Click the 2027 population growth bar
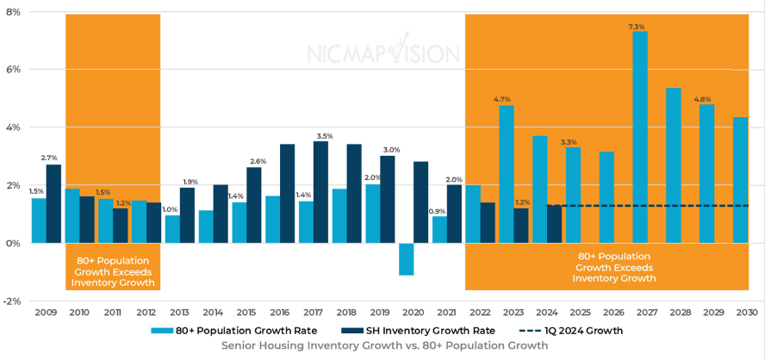pyautogui.click(x=640, y=138)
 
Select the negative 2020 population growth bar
pyautogui.click(x=406, y=259)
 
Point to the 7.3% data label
pyautogui.click(x=637, y=27)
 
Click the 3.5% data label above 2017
pyautogui.click(x=324, y=136)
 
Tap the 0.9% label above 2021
pyautogui.click(x=437, y=211)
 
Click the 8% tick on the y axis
pyautogui.click(x=14, y=11)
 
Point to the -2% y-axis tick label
pyautogui.click(x=12, y=301)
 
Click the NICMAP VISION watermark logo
pyautogui.click(x=382, y=53)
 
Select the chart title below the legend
pyautogui.click(x=383, y=346)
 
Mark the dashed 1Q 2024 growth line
pyautogui.click(x=655, y=206)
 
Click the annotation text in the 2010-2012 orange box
pyautogui.click(x=113, y=271)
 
